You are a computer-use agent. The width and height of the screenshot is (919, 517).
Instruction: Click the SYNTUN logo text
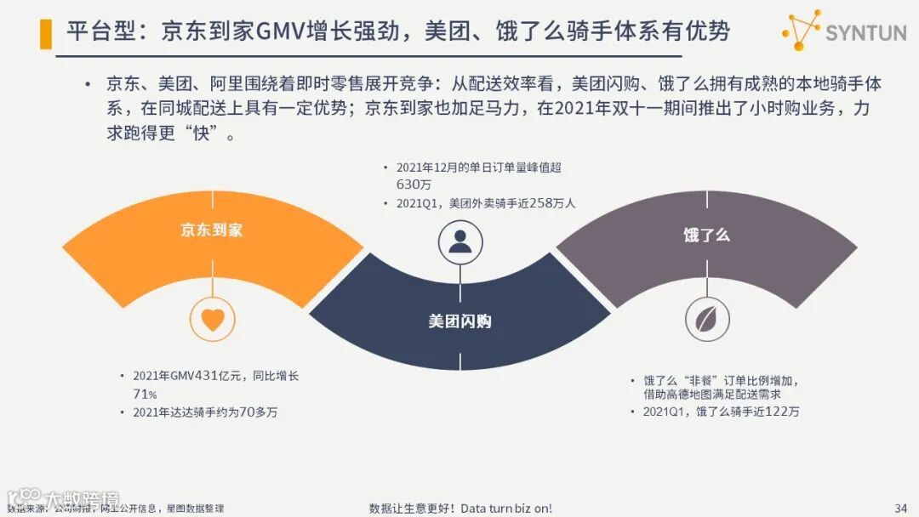(x=865, y=34)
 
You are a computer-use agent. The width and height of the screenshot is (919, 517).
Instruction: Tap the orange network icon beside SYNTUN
(x=802, y=31)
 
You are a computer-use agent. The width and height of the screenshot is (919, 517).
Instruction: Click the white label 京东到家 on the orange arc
(x=211, y=230)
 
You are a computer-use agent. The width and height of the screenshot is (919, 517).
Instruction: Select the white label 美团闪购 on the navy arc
(x=459, y=321)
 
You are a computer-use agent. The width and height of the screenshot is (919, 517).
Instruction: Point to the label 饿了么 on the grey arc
(x=706, y=235)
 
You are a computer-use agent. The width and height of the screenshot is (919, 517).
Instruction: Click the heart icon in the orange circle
(x=212, y=319)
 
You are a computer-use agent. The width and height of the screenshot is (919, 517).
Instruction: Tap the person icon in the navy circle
(x=460, y=242)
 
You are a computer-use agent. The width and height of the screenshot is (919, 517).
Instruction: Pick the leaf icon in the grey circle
(x=707, y=319)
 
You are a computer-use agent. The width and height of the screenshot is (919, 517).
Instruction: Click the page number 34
(x=900, y=508)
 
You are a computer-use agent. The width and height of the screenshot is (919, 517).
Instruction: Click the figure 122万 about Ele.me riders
(x=780, y=412)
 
